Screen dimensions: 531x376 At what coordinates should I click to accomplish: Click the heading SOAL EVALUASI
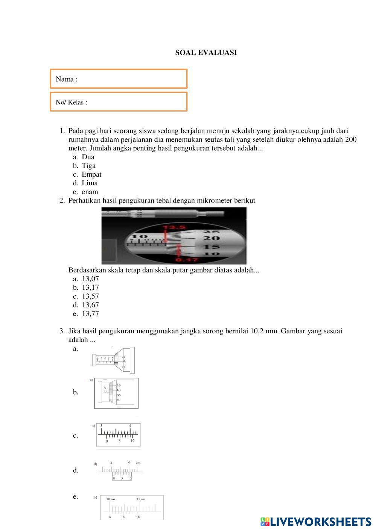coord(206,53)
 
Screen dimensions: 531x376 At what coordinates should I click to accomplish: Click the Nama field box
coord(119,79)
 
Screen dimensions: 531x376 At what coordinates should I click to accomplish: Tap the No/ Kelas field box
coord(119,102)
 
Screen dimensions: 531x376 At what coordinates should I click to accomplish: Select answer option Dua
coord(88,157)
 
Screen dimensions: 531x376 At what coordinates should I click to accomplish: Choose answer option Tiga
coord(88,166)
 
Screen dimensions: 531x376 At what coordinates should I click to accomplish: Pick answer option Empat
coord(91,174)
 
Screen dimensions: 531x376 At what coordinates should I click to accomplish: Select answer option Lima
coord(90,183)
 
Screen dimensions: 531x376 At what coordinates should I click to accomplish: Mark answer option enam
coord(90,192)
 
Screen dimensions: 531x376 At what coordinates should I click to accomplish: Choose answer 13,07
coord(90,279)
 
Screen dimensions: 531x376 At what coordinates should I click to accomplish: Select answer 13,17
coord(90,287)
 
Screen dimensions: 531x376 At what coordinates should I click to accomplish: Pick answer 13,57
coord(90,296)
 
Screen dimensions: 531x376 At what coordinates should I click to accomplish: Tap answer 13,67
coord(90,305)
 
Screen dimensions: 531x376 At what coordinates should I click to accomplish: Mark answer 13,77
coord(90,314)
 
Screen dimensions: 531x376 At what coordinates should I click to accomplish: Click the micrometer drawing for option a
coord(113,360)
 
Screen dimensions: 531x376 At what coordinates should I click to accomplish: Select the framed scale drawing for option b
coord(116,393)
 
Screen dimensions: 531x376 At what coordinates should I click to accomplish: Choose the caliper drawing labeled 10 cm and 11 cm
coord(132,507)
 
